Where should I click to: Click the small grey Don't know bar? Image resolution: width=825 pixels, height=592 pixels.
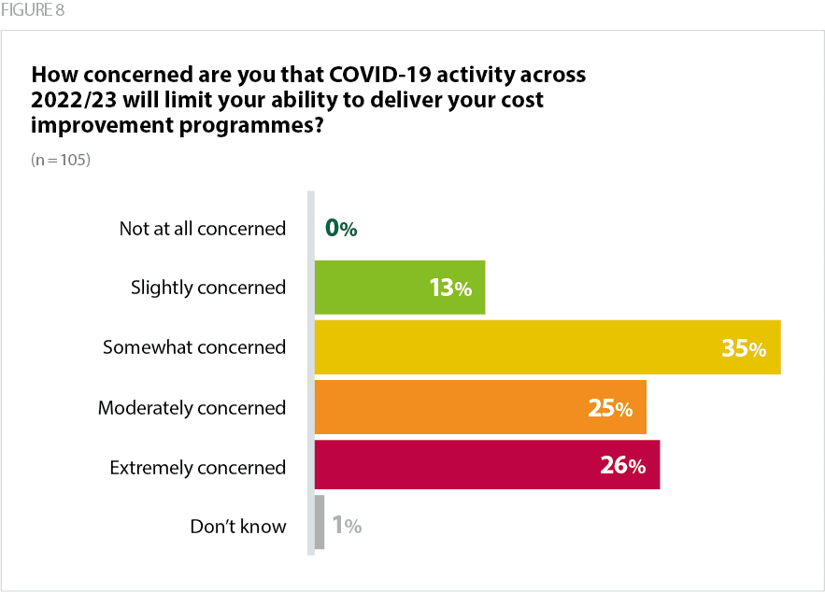(x=320, y=523)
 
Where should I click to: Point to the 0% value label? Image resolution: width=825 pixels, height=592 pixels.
(x=341, y=228)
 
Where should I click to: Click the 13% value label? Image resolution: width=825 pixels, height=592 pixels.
(x=450, y=289)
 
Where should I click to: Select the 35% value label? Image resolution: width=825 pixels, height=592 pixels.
(x=744, y=349)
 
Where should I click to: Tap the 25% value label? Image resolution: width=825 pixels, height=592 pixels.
(x=611, y=408)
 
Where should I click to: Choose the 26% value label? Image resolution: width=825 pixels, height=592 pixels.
(x=623, y=466)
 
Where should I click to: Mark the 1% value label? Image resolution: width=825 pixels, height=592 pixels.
(x=347, y=526)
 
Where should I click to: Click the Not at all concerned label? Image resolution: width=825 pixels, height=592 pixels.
(x=202, y=228)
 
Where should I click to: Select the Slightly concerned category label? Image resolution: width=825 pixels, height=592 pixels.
(x=207, y=288)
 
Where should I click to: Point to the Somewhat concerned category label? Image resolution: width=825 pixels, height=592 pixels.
(x=193, y=347)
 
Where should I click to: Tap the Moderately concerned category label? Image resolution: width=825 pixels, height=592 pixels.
(x=192, y=407)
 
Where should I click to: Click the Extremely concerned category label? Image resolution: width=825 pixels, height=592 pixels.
(x=197, y=467)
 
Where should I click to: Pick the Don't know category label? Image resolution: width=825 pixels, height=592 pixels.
(x=237, y=526)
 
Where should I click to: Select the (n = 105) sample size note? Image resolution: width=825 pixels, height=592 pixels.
(x=60, y=160)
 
